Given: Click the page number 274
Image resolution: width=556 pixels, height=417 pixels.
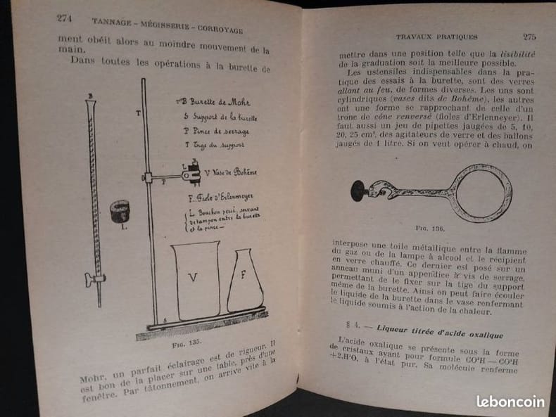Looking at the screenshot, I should coord(65,18).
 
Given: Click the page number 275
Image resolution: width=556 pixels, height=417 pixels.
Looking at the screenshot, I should coord(529,37).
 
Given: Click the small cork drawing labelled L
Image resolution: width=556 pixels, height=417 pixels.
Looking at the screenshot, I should coord(120,210).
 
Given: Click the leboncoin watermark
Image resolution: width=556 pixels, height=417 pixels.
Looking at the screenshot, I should coord(510,401).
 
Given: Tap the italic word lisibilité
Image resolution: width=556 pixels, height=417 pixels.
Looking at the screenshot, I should coord(518,54).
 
